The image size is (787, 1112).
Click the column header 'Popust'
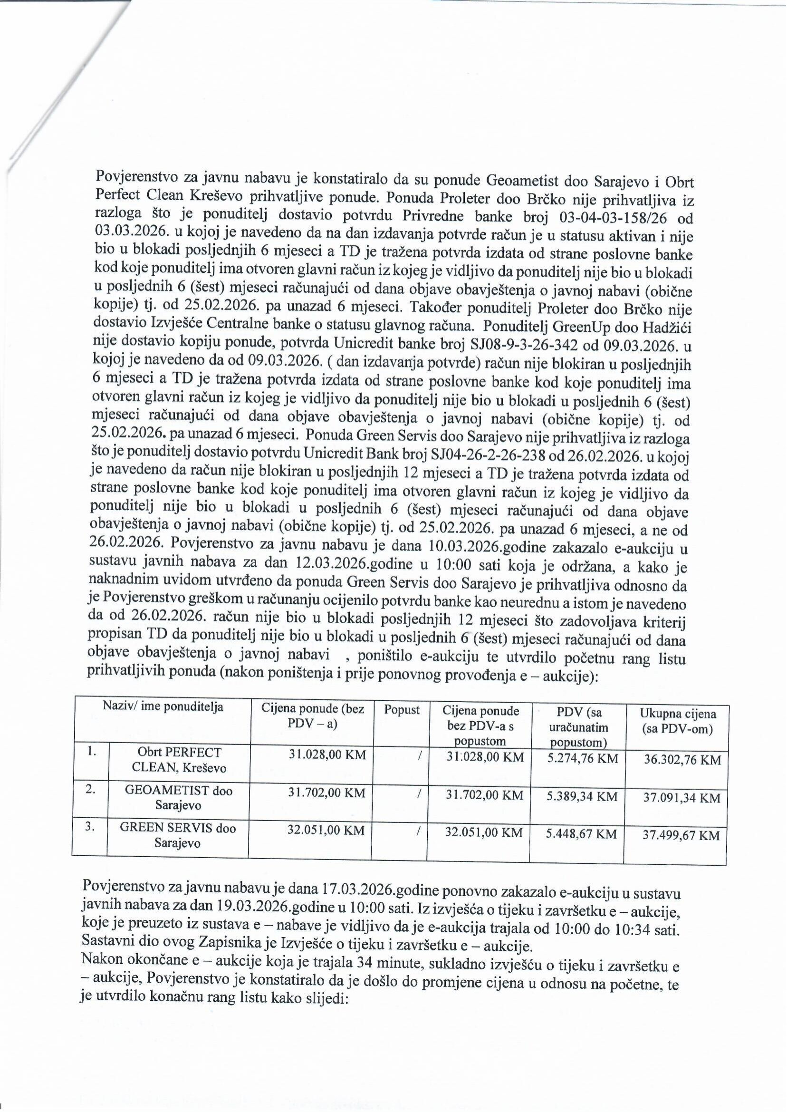(402, 710)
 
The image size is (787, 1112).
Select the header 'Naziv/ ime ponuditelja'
(163, 707)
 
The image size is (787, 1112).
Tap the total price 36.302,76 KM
(682, 760)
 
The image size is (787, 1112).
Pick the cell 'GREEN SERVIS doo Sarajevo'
(178, 835)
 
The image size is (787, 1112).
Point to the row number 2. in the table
(90, 790)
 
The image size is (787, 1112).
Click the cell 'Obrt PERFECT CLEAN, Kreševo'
(179, 760)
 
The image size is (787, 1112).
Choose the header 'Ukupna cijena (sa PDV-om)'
(678, 721)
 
